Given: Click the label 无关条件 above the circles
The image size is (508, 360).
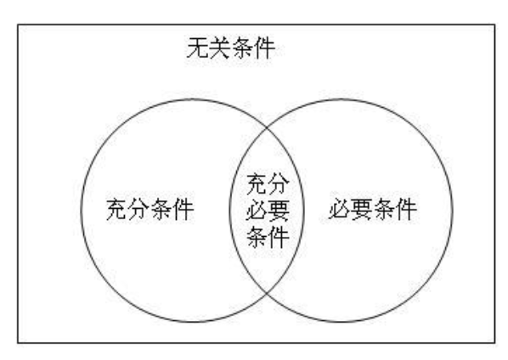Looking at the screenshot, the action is [231, 48].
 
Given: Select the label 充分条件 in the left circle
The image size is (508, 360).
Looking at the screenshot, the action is [150, 209].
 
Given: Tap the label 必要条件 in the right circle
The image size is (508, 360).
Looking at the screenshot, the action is [373, 209].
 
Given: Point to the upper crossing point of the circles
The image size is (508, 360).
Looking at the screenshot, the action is [267, 128].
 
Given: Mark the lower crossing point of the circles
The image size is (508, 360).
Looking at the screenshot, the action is [267, 293].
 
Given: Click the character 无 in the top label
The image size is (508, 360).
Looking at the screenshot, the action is [198, 48].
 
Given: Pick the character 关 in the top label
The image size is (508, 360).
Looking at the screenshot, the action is [220, 48].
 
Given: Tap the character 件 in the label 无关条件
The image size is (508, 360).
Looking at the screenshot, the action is [265, 48].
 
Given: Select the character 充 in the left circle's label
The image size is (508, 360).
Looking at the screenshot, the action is [117, 209].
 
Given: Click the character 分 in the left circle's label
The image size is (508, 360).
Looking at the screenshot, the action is [139, 209].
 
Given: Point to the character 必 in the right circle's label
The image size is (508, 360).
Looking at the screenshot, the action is [340, 209].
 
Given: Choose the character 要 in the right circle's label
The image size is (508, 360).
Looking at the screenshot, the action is [362, 209].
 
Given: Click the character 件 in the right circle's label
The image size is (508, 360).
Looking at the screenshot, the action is [406, 209].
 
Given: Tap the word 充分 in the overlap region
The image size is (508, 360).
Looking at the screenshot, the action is [268, 184].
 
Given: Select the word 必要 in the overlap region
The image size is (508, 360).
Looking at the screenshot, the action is [268, 211].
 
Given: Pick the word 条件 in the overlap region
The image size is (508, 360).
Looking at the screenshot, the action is [268, 237].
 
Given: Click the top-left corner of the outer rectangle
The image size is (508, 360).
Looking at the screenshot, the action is [18, 25].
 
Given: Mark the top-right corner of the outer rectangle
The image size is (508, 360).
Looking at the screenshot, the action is [494, 25].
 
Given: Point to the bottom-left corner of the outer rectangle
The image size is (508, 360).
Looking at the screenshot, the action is [18, 342].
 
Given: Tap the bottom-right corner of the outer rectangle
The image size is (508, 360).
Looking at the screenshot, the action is [494, 342].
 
